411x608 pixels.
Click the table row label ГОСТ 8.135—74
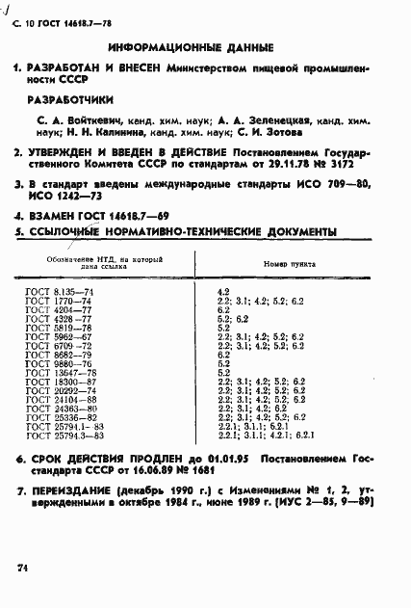pyautogui.click(x=57, y=291)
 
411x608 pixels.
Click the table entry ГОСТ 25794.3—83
pyautogui.click(x=64, y=436)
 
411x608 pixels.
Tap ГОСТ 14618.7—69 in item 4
pyautogui.click(x=122, y=218)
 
